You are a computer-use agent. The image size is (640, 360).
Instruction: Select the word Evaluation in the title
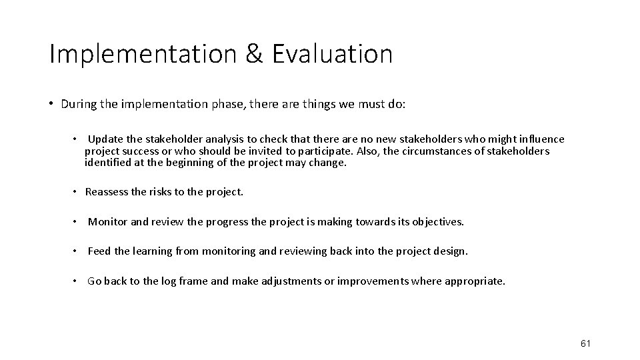tap(333, 54)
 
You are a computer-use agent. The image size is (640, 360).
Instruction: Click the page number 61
tap(586, 343)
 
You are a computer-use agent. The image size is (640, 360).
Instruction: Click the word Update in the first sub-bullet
tap(105, 139)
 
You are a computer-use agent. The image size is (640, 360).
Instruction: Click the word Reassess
tap(109, 192)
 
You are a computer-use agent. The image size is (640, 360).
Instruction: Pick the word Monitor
tap(108, 222)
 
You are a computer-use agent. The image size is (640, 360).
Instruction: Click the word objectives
tap(436, 222)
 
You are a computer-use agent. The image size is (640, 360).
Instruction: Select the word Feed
tap(99, 251)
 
